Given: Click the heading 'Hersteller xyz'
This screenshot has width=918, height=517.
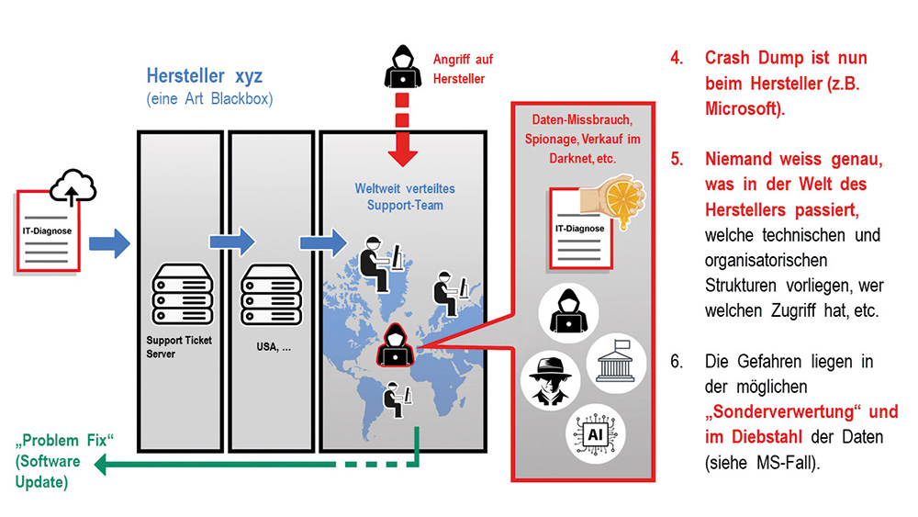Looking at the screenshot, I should coord(204,76).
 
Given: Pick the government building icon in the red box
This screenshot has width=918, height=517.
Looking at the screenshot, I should coord(617,359).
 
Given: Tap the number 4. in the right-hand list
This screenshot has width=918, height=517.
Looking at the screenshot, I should coord(677,58).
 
